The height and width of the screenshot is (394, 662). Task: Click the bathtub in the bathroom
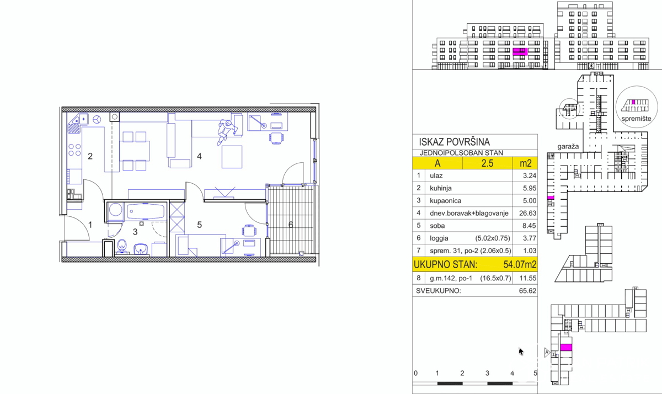click(146, 212)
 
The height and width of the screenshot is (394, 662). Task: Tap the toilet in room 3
click(122, 247)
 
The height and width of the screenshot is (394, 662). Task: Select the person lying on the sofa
click(227, 132)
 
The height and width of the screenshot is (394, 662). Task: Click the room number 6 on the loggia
click(291, 225)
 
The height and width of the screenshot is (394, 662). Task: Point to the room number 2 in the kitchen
click(90, 156)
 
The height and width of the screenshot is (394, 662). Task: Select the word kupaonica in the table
click(445, 201)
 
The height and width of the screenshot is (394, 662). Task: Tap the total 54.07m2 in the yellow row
click(520, 264)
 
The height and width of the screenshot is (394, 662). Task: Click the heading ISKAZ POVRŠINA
click(454, 142)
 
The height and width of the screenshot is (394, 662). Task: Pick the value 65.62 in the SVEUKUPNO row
click(527, 291)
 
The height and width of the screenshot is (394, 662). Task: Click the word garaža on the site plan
click(568, 147)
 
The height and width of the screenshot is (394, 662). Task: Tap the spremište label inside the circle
click(636, 119)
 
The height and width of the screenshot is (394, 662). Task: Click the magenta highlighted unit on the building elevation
click(520, 52)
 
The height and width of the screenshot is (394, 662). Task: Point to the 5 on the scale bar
click(535, 373)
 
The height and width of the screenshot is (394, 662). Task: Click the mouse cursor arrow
click(521, 352)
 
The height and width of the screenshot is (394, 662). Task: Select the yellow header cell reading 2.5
click(487, 163)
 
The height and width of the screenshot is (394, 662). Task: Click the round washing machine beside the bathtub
click(115, 210)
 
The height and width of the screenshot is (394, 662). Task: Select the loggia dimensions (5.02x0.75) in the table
click(493, 238)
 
